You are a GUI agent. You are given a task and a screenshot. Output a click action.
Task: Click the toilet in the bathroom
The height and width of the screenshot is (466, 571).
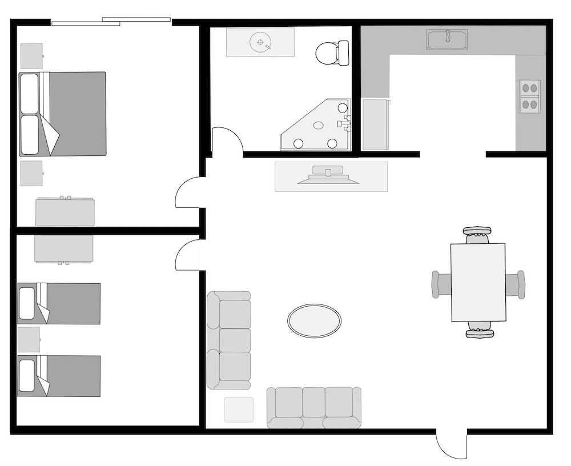tap(332, 53)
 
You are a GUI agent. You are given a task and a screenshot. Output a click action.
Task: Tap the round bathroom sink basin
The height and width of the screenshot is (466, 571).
tap(260, 42)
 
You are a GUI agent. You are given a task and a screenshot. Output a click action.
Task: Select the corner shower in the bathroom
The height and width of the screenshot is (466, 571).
tap(320, 127)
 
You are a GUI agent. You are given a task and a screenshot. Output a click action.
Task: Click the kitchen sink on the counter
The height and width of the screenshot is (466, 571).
tap(447, 39)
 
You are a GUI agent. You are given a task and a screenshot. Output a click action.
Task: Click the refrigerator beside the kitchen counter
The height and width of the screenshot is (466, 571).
tap(376, 124)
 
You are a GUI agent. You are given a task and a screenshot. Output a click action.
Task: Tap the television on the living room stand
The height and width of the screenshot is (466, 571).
tap(328, 175)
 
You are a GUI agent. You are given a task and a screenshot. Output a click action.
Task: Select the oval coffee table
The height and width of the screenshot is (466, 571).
tap(314, 320)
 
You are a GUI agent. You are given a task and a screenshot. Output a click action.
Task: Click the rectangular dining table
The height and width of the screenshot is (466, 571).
tap(478, 282)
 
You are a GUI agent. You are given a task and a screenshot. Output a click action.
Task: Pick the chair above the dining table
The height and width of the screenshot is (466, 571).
tap(477, 234)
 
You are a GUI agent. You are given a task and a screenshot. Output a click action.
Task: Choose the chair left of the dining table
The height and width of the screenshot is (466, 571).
tap(441, 284)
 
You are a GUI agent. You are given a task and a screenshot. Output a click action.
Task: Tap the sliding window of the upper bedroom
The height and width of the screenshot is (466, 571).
tap(112, 22)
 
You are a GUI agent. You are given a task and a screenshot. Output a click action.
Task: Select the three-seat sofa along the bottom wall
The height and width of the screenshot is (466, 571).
tap(314, 408)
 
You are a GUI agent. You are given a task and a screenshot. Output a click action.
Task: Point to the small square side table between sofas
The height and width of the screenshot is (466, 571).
tap(239, 409)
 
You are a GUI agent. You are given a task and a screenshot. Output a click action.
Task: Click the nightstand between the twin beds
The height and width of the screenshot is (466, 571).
tap(29, 339)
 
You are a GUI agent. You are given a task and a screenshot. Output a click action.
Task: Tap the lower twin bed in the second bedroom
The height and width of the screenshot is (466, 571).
tap(59, 376)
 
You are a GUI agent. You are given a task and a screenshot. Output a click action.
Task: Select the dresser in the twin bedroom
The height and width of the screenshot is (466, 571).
tap(63, 248)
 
